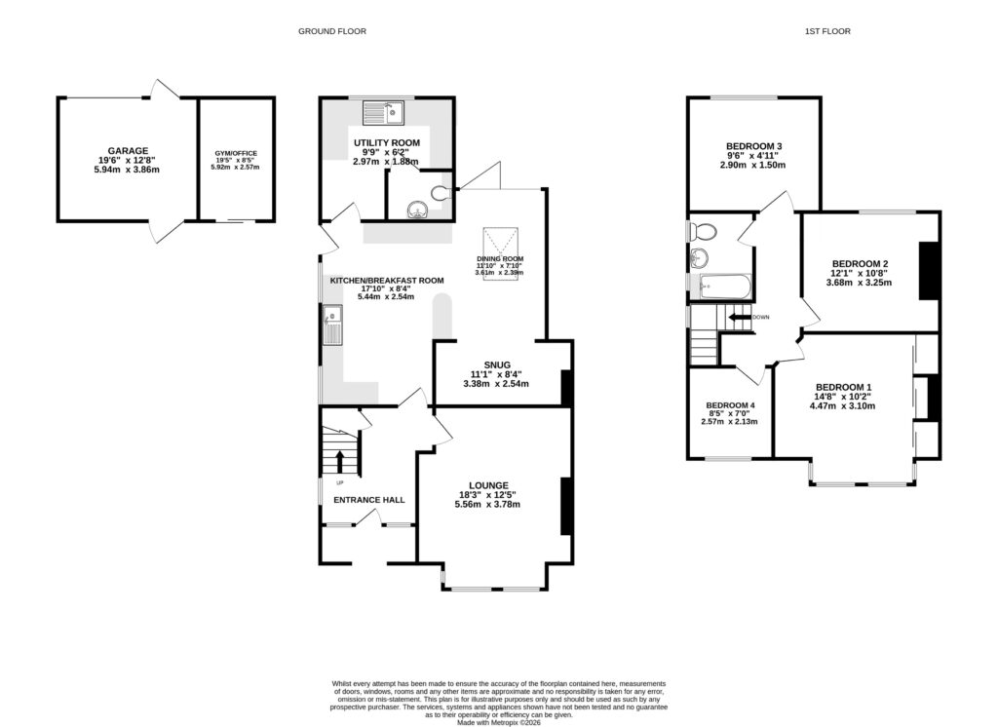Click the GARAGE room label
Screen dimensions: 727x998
pyautogui.click(x=128, y=151)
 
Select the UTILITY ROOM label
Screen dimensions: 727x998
pyautogui.click(x=386, y=143)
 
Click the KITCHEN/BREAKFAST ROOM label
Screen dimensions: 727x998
pyautogui.click(x=386, y=281)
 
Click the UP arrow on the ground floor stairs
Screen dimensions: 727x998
pyautogui.click(x=340, y=460)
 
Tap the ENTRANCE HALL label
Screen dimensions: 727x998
pyautogui.click(x=368, y=500)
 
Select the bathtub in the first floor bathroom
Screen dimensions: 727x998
pyautogui.click(x=723, y=287)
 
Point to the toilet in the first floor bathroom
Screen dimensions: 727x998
pyautogui.click(x=702, y=232)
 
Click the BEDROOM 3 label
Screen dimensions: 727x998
pyautogui.click(x=753, y=146)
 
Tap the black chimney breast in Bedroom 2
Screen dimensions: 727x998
pyautogui.click(x=929, y=268)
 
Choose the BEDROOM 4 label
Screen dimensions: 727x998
pyautogui.click(x=730, y=405)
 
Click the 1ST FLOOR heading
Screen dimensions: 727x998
pyautogui.click(x=826, y=31)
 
